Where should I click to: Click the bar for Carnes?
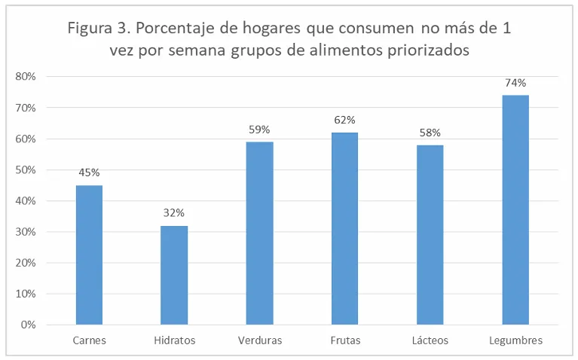tap(89, 255)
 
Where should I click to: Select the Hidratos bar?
tap(174, 275)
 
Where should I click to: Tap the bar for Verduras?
tap(259, 233)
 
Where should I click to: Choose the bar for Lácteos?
tap(430, 234)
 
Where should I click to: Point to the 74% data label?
tap(515, 83)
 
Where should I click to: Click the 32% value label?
tap(174, 213)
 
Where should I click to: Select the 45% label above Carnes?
tap(89, 172)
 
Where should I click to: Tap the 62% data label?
tap(345, 120)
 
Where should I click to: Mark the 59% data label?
tap(260, 130)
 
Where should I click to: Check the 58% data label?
tap(430, 133)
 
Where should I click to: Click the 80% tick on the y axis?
tap(26, 76)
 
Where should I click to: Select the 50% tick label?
tap(26, 169)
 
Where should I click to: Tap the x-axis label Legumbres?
tap(515, 340)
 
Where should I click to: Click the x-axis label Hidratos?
tap(174, 340)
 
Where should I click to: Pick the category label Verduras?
tap(259, 340)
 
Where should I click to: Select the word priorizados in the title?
tap(427, 50)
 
